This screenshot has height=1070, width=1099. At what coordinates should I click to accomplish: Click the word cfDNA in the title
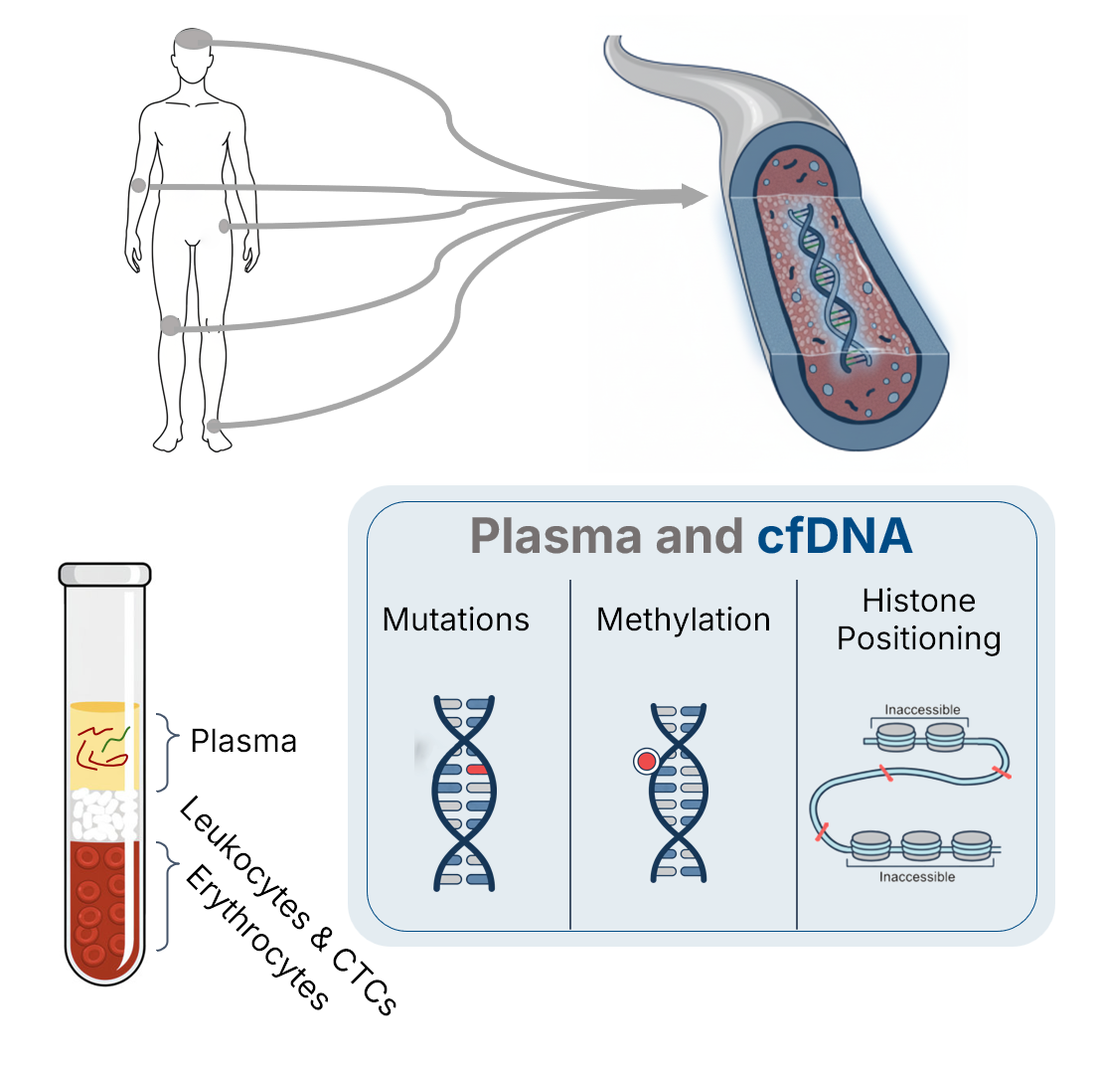pos(834,536)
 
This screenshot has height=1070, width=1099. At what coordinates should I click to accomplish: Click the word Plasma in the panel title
pos(555,536)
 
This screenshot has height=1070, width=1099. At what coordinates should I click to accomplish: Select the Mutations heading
pos(456,620)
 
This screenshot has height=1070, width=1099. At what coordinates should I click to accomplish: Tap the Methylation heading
pos(683,620)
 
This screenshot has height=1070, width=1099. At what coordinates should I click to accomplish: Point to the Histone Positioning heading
pos(918,620)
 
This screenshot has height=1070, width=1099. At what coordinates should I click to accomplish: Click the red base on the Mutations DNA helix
pos(477,770)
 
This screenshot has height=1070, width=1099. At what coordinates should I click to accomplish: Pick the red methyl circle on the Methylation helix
pos(646,763)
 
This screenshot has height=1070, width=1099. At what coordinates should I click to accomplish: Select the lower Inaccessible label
pos(917,877)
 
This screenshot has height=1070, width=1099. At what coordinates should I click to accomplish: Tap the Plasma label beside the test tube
pos(243,741)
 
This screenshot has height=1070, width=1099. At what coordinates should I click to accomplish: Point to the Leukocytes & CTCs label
pos(288,905)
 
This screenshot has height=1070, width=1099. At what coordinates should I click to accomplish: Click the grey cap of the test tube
pos(104,574)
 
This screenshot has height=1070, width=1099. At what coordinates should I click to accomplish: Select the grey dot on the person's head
pos(193,40)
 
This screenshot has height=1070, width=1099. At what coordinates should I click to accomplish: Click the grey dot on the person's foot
pos(214,428)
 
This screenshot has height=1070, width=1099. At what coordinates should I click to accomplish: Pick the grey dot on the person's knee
pos(170,325)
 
